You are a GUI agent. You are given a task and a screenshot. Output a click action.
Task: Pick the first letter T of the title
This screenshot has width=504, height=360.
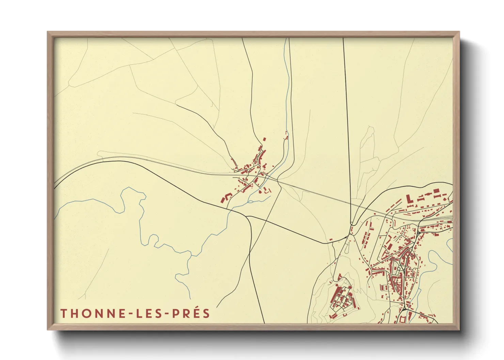[x=64, y=313]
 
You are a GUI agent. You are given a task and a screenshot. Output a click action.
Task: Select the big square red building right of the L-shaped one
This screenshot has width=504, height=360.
[x=436, y=191]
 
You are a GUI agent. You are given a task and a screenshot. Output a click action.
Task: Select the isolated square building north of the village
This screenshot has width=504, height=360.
[x=264, y=139]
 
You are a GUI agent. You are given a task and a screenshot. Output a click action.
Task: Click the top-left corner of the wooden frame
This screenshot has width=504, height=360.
[x=48, y=32]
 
